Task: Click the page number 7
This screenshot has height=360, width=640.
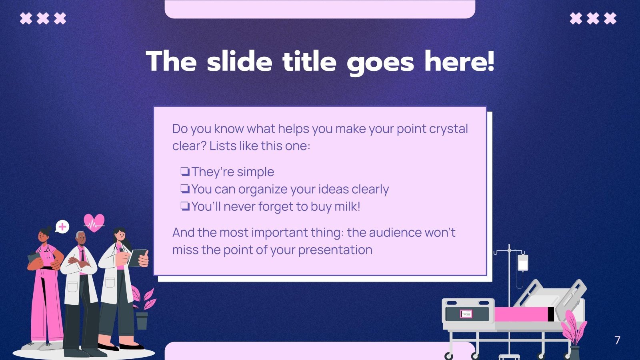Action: (617, 340)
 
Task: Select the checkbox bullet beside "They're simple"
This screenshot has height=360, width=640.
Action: (185, 172)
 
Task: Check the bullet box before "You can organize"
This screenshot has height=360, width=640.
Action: (185, 189)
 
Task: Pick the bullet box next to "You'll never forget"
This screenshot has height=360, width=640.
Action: (185, 206)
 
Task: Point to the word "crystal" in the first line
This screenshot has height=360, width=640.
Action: (448, 129)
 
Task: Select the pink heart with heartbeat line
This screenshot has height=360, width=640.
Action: (94, 223)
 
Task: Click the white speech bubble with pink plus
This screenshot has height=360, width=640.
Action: (62, 227)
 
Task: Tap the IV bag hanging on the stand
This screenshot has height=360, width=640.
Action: (523, 263)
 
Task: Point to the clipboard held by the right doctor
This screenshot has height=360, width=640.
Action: (138, 258)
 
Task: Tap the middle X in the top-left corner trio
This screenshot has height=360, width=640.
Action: (43, 18)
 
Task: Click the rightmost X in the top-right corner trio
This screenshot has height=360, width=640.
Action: (610, 18)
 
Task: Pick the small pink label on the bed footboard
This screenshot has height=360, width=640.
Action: (466, 314)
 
